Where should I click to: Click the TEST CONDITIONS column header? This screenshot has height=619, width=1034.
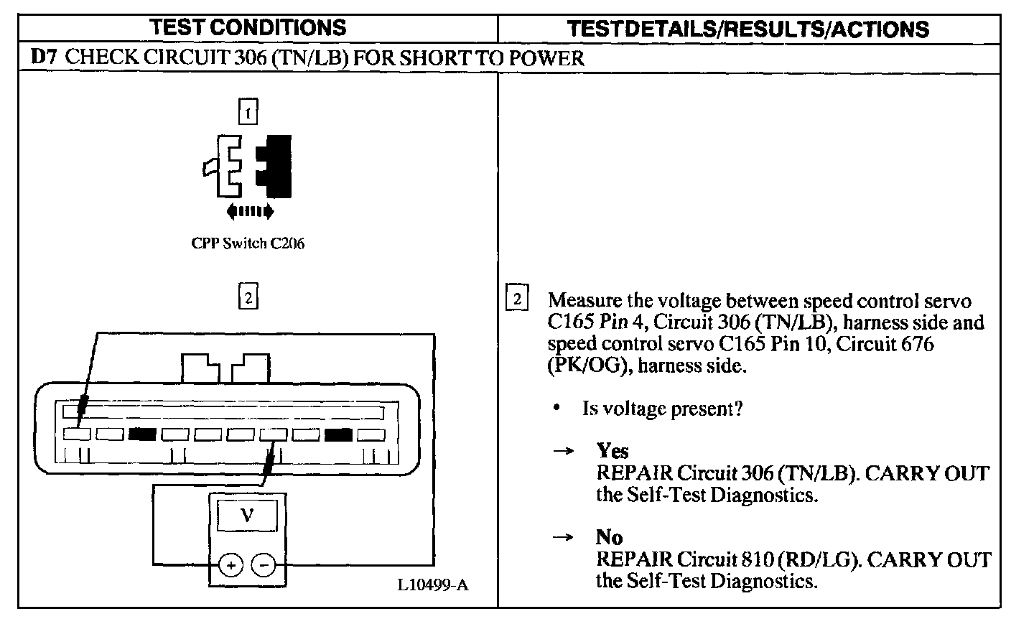248,28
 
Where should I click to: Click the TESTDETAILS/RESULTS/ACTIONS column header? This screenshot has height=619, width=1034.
747,29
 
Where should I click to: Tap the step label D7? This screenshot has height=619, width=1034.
44,57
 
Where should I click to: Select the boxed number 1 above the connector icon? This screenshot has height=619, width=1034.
247,113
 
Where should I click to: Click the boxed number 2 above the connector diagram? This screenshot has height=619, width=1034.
247,297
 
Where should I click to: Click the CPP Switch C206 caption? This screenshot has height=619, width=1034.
248,243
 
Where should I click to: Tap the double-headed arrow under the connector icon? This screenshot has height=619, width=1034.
249,211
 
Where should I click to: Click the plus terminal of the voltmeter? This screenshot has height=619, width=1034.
230,565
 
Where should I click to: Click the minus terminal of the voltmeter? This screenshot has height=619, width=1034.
264,565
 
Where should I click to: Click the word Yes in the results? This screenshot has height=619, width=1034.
613,451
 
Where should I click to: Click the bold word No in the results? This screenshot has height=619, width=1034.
609,537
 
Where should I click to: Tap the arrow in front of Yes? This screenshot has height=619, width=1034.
564,451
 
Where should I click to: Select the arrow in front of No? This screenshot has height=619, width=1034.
564,537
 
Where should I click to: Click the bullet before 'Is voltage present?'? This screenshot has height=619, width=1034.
556,408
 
